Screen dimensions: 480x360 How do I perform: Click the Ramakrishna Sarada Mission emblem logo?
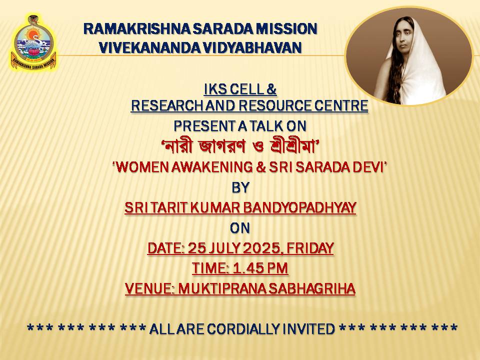33,42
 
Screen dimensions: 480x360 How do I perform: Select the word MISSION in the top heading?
286,29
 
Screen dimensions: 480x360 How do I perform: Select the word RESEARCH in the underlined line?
167,105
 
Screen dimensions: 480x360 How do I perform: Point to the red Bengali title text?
240,146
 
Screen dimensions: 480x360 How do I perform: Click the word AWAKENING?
212,167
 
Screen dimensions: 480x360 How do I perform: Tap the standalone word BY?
240,187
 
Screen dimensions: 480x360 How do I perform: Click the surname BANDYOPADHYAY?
299,207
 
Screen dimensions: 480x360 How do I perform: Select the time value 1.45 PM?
260,268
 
